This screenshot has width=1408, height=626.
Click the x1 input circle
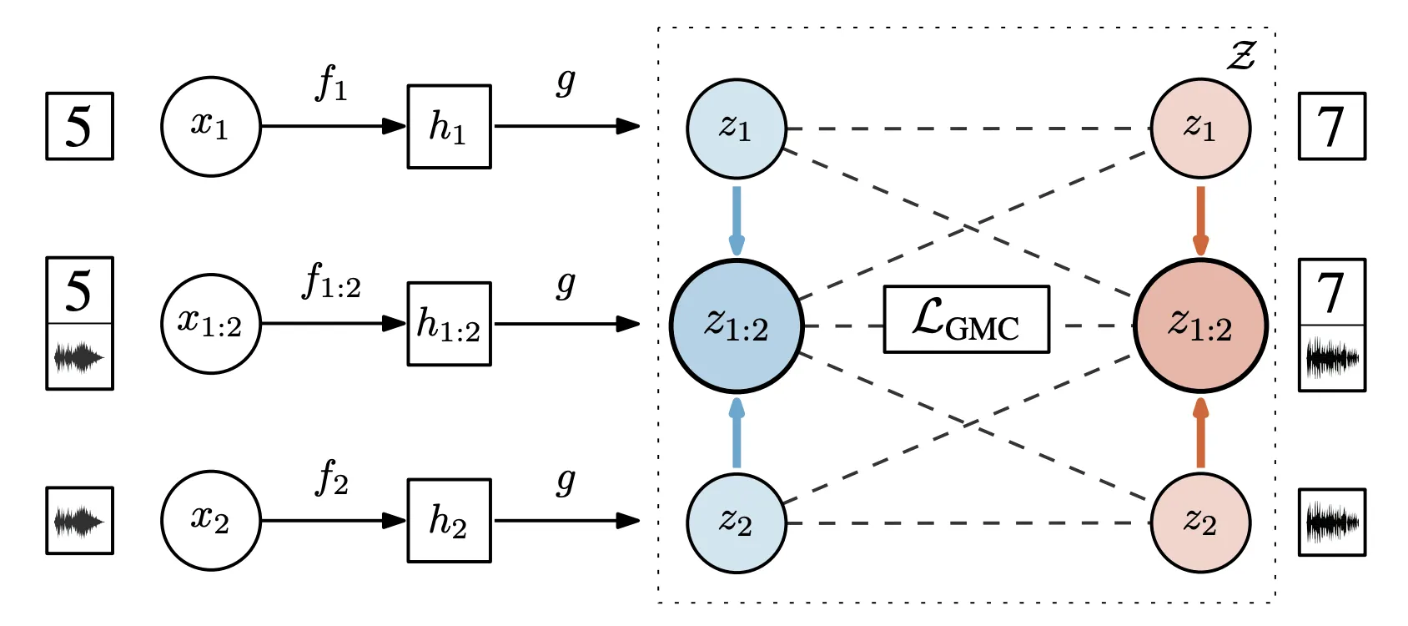click(210, 127)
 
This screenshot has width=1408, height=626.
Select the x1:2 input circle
click(210, 324)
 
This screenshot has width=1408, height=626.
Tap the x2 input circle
click(210, 521)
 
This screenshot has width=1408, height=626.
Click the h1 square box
click(449, 127)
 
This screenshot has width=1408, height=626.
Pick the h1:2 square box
click(449, 324)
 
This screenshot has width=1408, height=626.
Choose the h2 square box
click(449, 521)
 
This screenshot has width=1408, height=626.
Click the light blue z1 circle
click(737, 129)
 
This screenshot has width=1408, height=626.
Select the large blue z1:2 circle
click(737, 326)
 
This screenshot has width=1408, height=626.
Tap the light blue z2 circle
click(737, 523)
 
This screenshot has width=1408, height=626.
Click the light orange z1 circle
click(1200, 129)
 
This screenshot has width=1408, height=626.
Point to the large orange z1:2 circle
click(1200, 326)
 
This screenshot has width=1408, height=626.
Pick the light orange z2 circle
click(1200, 523)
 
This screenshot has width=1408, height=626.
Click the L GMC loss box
click(966, 320)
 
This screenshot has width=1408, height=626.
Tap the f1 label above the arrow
click(331, 83)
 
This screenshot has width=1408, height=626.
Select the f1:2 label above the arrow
click(331, 281)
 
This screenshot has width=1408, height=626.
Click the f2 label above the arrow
click(332, 478)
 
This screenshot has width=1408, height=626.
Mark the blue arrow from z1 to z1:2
click(737, 220)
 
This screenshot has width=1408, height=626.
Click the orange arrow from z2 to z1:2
click(1200, 433)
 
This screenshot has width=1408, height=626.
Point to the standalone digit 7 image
click(1332, 126)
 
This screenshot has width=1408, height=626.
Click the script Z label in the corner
click(1241, 55)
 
